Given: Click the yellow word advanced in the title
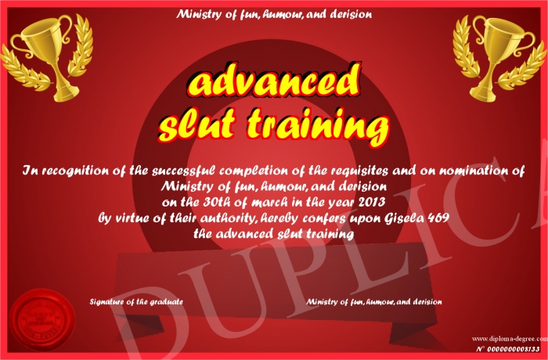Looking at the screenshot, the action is (273, 81).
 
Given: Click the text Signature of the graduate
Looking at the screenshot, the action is (136, 301).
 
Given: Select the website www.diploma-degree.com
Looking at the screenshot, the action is (510, 338).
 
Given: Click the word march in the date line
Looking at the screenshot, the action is (272, 202).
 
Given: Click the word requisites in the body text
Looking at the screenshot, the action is (359, 171).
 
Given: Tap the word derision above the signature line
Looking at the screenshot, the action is (427, 301).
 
